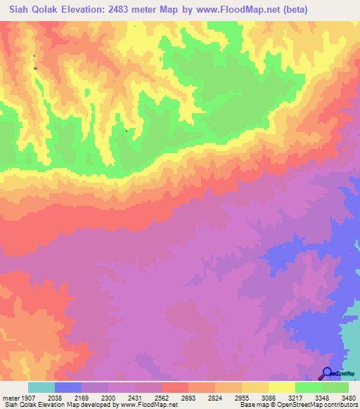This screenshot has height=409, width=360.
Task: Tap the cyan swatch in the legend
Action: pos(41,387)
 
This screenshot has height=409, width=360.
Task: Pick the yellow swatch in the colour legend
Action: pos(281,387)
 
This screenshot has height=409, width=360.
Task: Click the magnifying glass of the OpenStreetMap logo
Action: pos(326,372)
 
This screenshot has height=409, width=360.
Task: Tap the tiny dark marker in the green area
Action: pos(126,131)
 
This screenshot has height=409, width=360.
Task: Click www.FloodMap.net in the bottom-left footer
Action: pos(149,405)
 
